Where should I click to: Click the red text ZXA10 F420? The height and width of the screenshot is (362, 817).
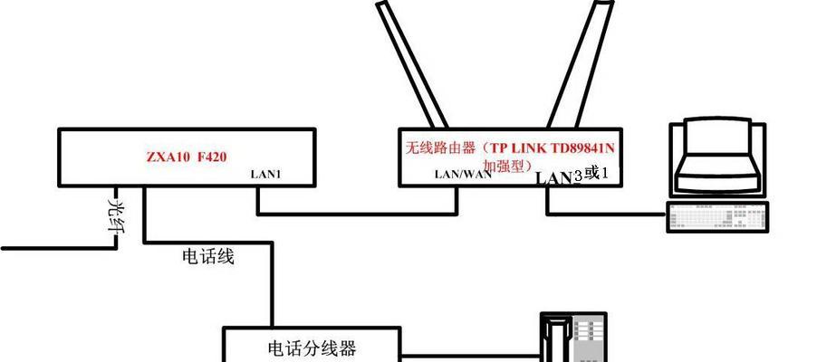coord(187,157)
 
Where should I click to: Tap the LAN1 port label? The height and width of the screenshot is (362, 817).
coord(265,175)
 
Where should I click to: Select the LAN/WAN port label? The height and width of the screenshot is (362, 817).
coord(463,175)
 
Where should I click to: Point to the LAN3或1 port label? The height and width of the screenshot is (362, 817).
coord(572,176)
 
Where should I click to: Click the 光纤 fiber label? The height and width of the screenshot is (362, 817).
coord(117,215)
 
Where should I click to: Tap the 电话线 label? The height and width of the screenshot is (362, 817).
coord(208,256)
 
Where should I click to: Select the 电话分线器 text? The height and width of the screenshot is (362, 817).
coord(312,348)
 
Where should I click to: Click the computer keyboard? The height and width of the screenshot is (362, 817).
coord(717,217)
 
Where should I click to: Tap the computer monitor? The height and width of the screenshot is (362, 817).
coord(718,159)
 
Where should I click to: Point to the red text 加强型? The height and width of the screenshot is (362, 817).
coord(506,166)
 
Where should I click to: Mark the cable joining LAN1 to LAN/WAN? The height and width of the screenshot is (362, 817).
coord(357,214)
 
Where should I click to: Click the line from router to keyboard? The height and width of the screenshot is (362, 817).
coord(607,214)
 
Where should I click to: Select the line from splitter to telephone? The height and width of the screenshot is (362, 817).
coord(469,357)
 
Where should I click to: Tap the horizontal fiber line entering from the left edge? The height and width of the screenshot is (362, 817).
coord(58,248)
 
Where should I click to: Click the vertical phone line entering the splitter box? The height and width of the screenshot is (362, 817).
coord(272,284)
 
